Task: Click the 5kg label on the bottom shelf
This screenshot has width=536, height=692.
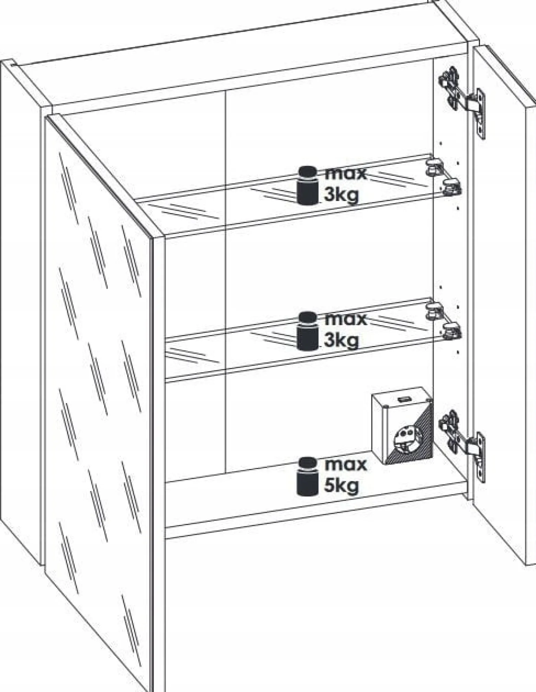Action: click(341, 485)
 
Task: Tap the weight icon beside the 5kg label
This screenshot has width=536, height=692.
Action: click(307, 477)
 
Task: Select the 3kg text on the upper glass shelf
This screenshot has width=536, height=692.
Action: click(341, 195)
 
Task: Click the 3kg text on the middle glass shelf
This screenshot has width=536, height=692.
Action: click(341, 341)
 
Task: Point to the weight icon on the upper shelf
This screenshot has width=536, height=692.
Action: click(307, 186)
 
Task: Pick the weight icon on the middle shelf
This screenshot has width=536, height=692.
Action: click(307, 331)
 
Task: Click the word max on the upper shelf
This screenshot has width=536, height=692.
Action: click(346, 174)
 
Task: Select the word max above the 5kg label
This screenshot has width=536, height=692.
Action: click(346, 465)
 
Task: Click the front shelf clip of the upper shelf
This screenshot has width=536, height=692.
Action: click(451, 187)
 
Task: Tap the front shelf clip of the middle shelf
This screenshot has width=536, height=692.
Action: click(451, 331)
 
